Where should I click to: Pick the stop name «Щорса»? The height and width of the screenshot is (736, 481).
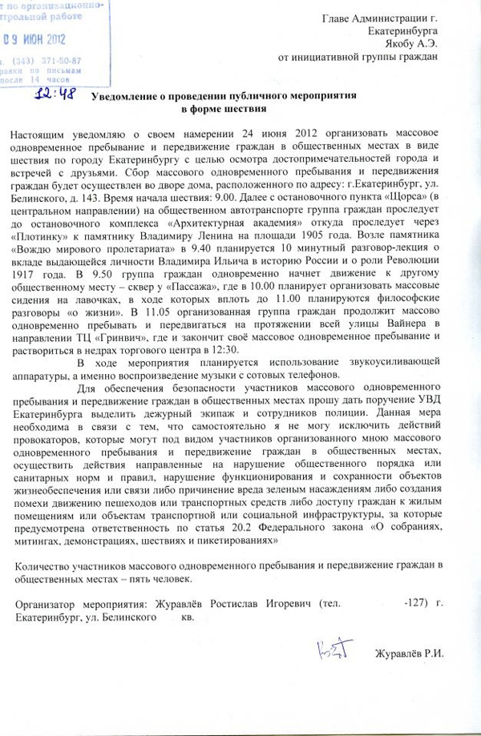coord(420,197)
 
